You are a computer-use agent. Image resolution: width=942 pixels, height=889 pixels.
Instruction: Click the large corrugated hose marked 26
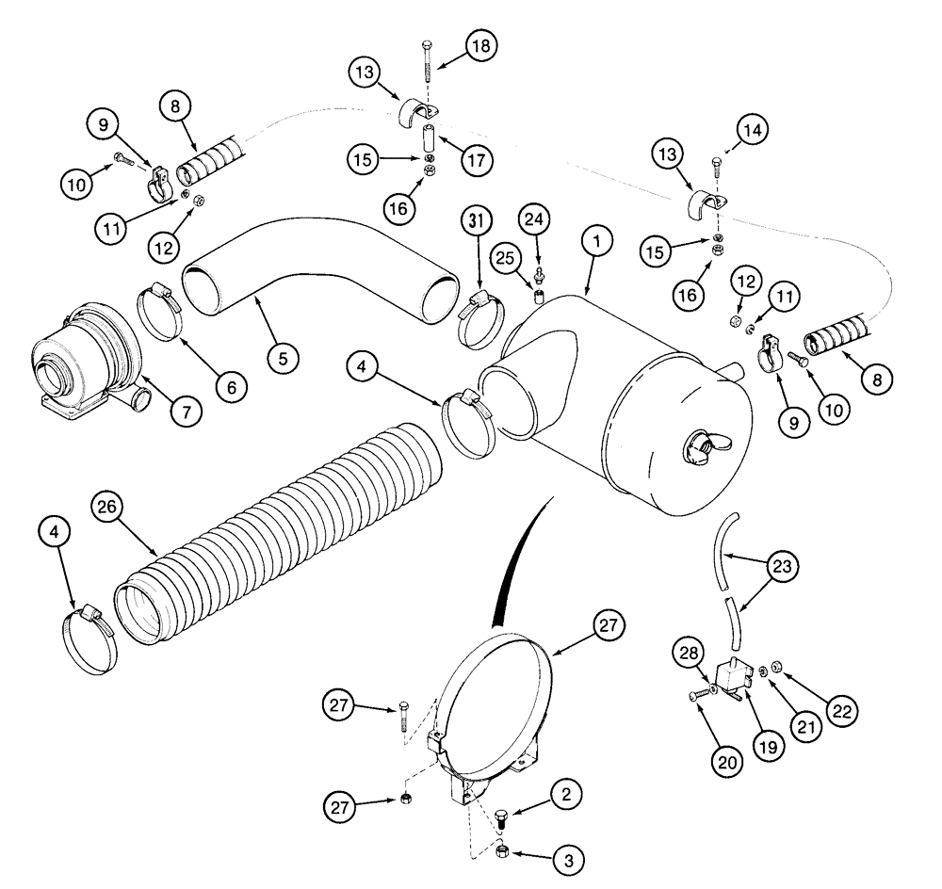click(x=283, y=537)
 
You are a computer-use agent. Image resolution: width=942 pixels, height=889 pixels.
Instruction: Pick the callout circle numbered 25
click(x=507, y=257)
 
